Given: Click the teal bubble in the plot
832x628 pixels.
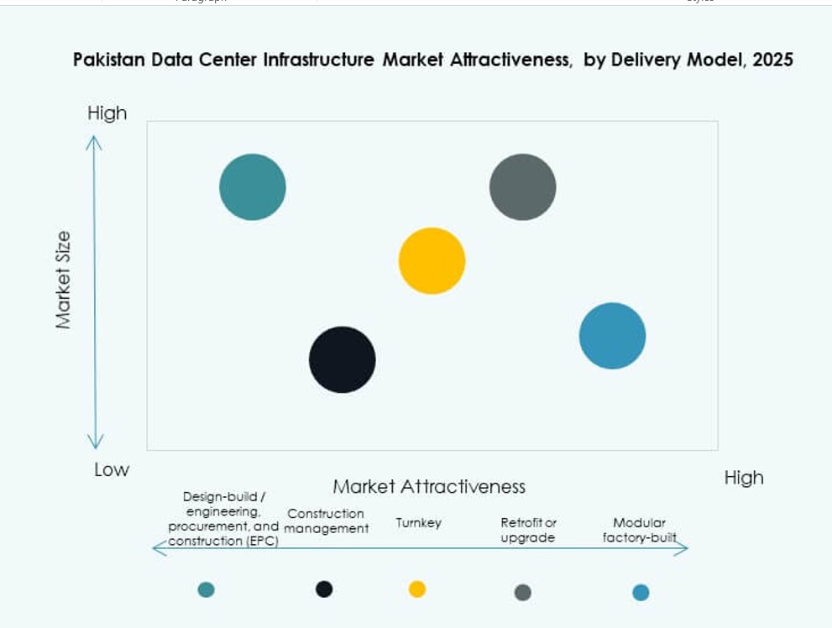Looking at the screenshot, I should pyautogui.click(x=253, y=187).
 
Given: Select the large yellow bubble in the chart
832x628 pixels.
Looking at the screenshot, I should pyautogui.click(x=432, y=261).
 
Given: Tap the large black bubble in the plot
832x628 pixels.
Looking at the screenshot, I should pyautogui.click(x=342, y=359).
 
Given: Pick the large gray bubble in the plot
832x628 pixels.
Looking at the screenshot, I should pyautogui.click(x=522, y=187).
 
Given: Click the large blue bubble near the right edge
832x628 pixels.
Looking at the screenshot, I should pyautogui.click(x=612, y=336).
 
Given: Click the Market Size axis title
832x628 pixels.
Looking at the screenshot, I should pyautogui.click(x=64, y=280).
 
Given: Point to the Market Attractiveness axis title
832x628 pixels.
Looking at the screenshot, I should pyautogui.click(x=429, y=486).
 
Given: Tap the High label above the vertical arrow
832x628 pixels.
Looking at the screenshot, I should pyautogui.click(x=107, y=113).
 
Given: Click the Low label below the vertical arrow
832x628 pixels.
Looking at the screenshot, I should pyautogui.click(x=112, y=469).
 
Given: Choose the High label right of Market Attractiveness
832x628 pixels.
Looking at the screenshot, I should pyautogui.click(x=744, y=478).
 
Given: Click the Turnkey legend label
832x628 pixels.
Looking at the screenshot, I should pyautogui.click(x=418, y=523).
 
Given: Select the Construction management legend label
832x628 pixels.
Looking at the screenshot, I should pyautogui.click(x=326, y=521).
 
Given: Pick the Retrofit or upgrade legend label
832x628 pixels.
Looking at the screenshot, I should pyautogui.click(x=528, y=531).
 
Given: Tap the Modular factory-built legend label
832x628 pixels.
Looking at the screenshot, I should pyautogui.click(x=639, y=530).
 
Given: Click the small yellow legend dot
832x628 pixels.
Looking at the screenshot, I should pyautogui.click(x=417, y=589).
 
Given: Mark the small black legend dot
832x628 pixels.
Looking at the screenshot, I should pyautogui.click(x=324, y=589).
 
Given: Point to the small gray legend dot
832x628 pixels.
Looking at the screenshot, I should pyautogui.click(x=522, y=593).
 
